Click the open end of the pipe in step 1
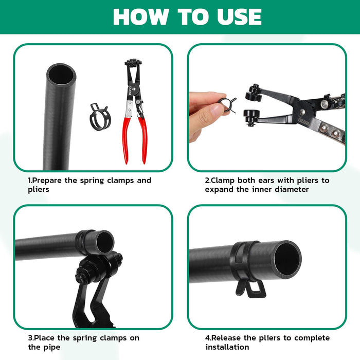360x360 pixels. (x=61, y=76)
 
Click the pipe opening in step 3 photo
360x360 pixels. (x=104, y=242)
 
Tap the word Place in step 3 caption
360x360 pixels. (x=45, y=338)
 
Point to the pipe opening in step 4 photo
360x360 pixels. (x=287, y=258)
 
